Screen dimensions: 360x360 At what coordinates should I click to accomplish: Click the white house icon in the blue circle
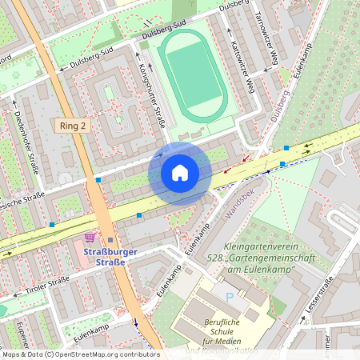click(x=180, y=173)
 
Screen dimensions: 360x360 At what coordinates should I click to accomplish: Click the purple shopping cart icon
click(x=90, y=238)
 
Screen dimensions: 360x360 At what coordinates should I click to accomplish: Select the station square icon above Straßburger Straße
click(x=110, y=240)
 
